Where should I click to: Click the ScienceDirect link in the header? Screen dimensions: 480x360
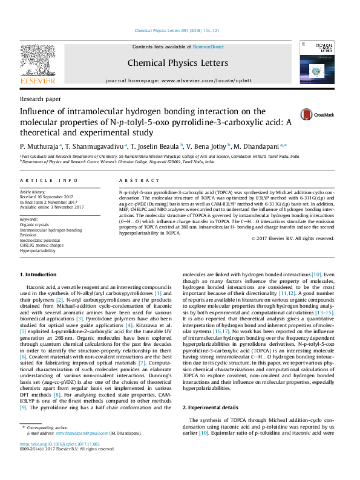[x=208, y=47]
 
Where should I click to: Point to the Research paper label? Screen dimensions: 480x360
[x=41, y=98]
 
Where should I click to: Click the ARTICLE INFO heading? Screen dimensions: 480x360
[x=49, y=181]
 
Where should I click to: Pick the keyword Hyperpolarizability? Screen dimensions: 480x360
[x=40, y=250]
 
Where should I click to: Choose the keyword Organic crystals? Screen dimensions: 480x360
[x=34, y=224]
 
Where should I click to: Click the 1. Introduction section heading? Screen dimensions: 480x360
[x=39, y=275]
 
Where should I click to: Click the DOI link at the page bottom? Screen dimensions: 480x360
[x=60, y=461]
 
